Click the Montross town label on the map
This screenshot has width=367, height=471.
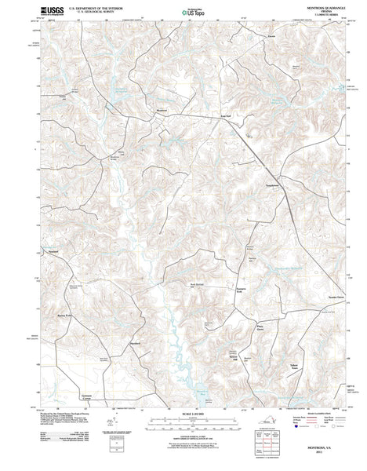[x=162, y=110]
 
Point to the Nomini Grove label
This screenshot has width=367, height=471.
[x=314, y=298]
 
